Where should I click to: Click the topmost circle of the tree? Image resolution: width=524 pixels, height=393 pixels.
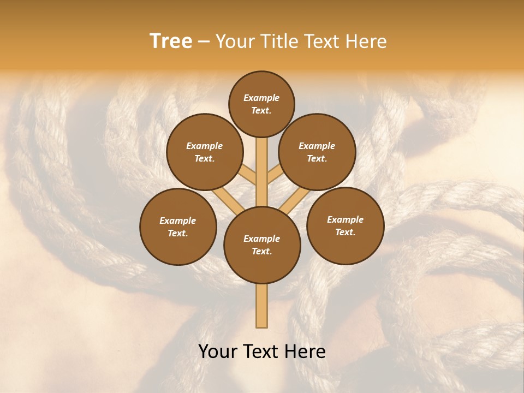tap(261, 104)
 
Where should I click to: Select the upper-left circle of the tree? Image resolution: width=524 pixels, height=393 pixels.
tap(205, 152)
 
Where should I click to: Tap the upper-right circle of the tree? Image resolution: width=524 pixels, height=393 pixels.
tap(317, 152)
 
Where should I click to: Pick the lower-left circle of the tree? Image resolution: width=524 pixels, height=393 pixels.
tap(178, 227)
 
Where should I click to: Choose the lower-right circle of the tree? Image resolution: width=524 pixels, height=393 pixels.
tap(346, 225)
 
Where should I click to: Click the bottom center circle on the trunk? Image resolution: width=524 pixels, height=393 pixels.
tap(262, 245)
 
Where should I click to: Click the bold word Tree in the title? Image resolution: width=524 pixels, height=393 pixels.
tap(171, 41)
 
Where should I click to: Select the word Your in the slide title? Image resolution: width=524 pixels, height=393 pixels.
tap(235, 41)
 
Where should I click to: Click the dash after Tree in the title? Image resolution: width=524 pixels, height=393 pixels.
tap(204, 41)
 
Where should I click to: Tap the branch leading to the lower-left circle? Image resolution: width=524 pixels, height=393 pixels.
tap(224, 198)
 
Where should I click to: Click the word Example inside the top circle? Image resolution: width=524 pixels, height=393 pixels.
tap(261, 98)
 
